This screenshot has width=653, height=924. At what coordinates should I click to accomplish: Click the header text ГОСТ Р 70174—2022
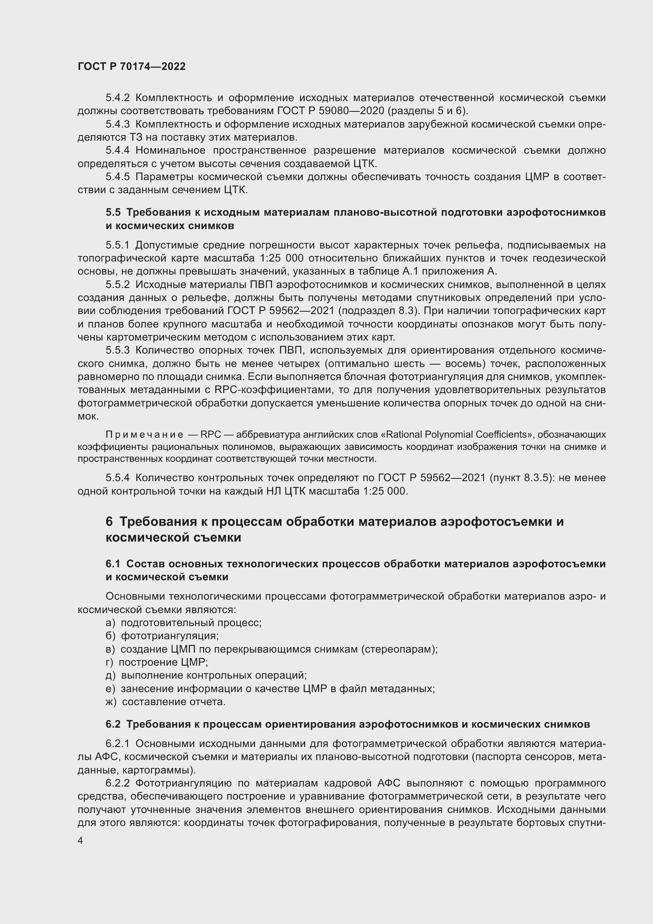click(x=131, y=66)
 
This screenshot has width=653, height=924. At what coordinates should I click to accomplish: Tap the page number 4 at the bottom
click(x=81, y=841)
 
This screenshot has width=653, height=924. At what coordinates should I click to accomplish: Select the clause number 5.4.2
click(x=117, y=98)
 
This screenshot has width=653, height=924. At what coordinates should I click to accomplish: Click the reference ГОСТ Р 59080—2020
click(x=330, y=111)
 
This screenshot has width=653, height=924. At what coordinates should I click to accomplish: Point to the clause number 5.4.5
click(x=117, y=177)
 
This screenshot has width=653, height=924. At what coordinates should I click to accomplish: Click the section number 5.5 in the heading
click(x=113, y=213)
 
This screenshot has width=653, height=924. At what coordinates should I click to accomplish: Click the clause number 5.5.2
click(x=117, y=284)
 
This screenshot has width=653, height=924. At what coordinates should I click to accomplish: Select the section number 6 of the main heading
click(x=109, y=521)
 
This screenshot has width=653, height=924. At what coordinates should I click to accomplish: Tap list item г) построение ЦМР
click(x=157, y=662)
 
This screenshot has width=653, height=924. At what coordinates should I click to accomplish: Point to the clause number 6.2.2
click(x=117, y=783)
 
